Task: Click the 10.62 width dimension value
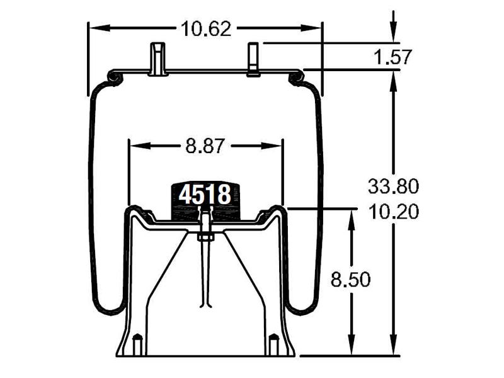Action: coord(205,28)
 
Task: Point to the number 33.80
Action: coord(393,186)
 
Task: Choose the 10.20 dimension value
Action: coord(393,212)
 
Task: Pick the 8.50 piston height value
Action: coord(350,280)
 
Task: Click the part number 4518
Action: coord(204,195)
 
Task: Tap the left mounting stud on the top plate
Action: coord(157,59)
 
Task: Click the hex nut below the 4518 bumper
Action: coord(205,237)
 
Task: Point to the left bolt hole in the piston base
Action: coord(137,345)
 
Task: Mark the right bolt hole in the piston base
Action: coord(273,345)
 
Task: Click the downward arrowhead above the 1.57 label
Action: coord(394,35)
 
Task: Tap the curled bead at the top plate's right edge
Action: coord(295,77)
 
